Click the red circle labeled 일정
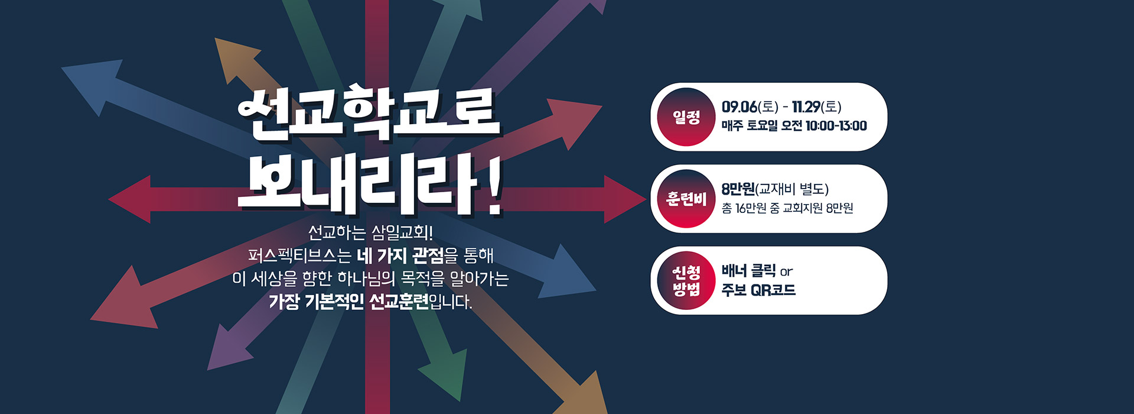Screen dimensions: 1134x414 (x=686, y=117)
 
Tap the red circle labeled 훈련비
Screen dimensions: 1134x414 (x=686, y=199)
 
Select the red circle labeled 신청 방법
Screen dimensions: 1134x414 (x=686, y=280)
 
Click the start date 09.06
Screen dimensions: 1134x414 (x=739, y=107)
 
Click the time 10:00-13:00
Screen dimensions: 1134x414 (x=836, y=126)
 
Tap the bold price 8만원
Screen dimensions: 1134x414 (x=738, y=189)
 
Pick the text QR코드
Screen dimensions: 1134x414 (x=773, y=290)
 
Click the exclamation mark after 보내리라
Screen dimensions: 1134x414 (x=494, y=185)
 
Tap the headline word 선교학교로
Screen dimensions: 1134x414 (x=368, y=115)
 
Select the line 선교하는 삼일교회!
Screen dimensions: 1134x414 (x=370, y=232)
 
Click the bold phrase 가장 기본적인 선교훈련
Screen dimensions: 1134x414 (x=348, y=302)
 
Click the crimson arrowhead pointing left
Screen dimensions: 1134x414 (x=130, y=199)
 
